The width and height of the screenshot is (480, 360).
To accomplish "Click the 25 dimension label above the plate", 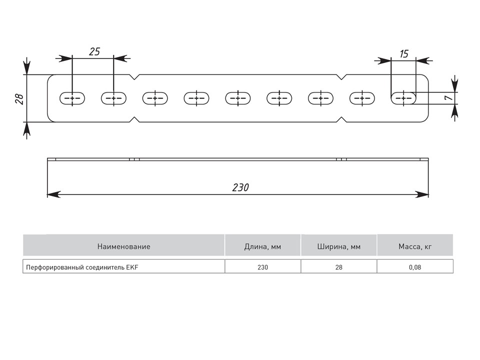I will click(x=94, y=51).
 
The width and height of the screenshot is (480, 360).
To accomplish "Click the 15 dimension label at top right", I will click(x=404, y=53).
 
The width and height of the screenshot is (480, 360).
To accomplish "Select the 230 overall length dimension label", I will click(x=240, y=187).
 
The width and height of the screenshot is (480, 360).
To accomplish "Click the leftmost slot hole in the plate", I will click(x=72, y=98).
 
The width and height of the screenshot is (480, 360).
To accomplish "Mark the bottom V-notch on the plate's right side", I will click(x=341, y=119).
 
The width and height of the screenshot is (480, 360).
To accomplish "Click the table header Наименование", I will click(x=124, y=246).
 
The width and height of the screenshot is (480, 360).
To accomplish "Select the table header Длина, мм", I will click(x=262, y=246).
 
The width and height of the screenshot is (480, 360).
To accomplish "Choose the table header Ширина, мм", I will click(x=339, y=246).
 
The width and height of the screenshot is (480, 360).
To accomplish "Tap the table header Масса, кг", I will click(x=415, y=246).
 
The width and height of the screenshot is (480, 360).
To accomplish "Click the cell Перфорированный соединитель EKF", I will click(x=81, y=267).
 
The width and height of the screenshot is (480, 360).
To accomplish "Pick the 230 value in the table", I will click(x=262, y=267).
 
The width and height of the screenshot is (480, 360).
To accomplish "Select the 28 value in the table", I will click(x=339, y=267).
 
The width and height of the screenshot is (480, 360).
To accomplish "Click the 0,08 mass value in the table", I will click(x=415, y=267).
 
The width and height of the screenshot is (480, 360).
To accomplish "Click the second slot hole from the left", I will click(x=114, y=98).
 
